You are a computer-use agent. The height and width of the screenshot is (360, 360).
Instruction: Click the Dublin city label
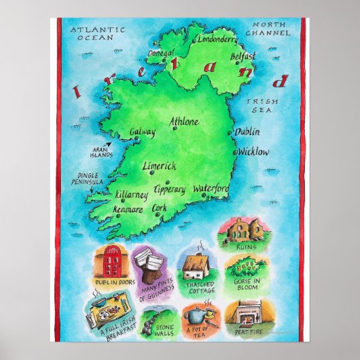[x=248, y=132]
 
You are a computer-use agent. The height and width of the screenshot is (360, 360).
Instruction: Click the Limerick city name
[x=160, y=166]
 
